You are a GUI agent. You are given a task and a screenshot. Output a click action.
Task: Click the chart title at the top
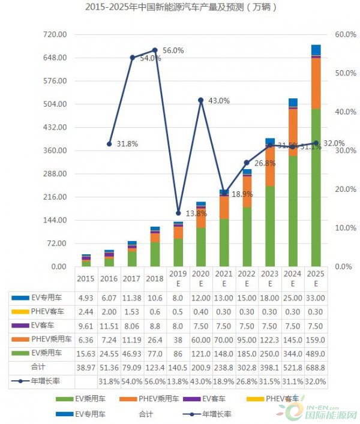(181, 8)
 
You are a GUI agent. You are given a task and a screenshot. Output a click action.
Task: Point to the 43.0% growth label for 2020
(218, 101)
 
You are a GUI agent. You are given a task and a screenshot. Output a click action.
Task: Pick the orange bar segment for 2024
(293, 132)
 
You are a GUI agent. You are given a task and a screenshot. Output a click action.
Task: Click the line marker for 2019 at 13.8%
(178, 213)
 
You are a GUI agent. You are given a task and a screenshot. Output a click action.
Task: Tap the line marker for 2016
(109, 144)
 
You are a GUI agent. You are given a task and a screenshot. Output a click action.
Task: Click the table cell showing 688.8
(316, 366)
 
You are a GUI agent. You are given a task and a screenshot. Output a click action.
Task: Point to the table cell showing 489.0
(316, 352)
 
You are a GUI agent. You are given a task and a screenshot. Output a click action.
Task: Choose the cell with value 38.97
(86, 366)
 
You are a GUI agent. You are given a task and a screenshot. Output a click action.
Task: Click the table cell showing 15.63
(86, 352)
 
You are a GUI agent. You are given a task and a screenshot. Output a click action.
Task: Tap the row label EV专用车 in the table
(45, 297)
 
